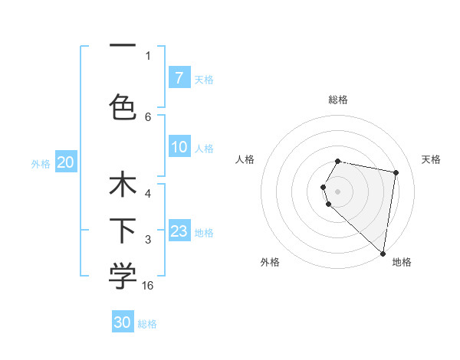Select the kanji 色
[x=123, y=106]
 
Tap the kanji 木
[x=123, y=186]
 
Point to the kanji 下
[x=123, y=231]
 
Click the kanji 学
[x=123, y=277]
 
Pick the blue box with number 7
[x=179, y=77]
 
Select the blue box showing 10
[x=179, y=147]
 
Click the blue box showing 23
[x=179, y=231]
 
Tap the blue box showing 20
[x=66, y=162]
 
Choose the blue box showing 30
[x=123, y=322]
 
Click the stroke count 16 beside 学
[x=148, y=285]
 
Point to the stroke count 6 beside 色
[x=148, y=116]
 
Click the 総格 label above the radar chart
[x=338, y=100]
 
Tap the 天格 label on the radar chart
[x=432, y=159]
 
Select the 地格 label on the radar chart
[x=402, y=262]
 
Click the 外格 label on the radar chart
[x=270, y=262]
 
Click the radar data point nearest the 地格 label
[x=383, y=253]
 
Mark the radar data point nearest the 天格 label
[x=396, y=172]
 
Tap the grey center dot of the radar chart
[x=338, y=191]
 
